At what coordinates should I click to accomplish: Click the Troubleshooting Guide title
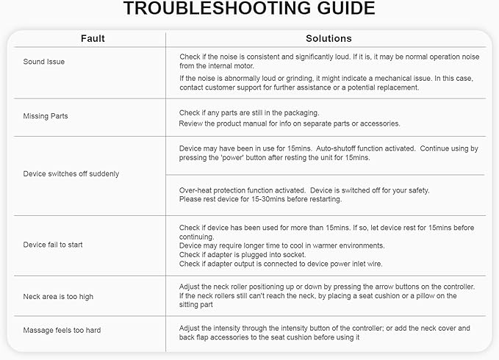click(x=249, y=10)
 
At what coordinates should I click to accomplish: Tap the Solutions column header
click(x=329, y=38)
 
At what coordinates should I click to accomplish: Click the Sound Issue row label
click(x=44, y=62)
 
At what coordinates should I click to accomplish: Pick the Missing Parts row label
click(x=46, y=116)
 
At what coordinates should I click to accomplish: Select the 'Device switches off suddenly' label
click(x=71, y=174)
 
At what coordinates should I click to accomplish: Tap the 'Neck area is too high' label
click(x=59, y=296)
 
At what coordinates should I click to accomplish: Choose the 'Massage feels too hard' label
click(x=62, y=331)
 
